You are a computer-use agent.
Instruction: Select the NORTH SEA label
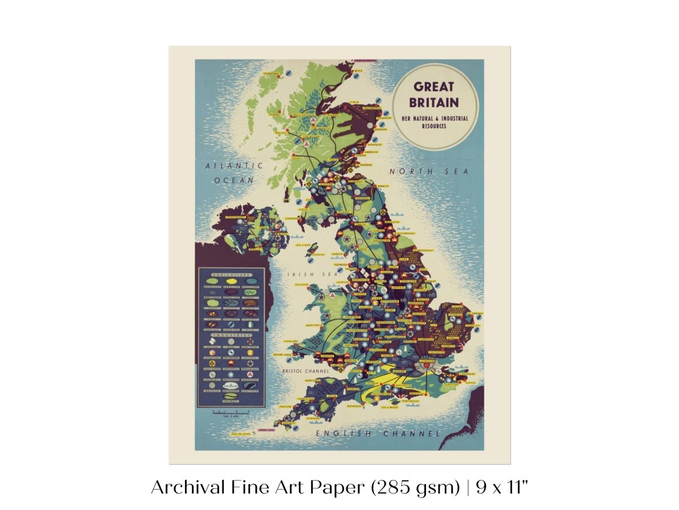pyautogui.click(x=429, y=171)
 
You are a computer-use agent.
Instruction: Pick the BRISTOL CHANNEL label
pyautogui.click(x=306, y=371)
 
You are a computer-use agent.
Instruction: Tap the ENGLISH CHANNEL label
pyautogui.click(x=377, y=433)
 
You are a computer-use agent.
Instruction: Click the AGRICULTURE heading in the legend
pyautogui.click(x=230, y=274)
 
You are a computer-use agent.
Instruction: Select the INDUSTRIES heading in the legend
pyautogui.click(x=230, y=335)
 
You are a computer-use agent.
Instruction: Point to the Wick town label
pyautogui.click(x=358, y=71)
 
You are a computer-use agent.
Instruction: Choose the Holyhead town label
pyautogui.click(x=300, y=285)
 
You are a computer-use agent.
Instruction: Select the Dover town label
pyautogui.click(x=471, y=383)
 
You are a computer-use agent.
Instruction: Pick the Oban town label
pyautogui.click(x=296, y=158)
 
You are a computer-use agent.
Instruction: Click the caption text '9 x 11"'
pyautogui.click(x=502, y=487)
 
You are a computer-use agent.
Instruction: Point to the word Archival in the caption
pyautogui.click(x=182, y=487)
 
